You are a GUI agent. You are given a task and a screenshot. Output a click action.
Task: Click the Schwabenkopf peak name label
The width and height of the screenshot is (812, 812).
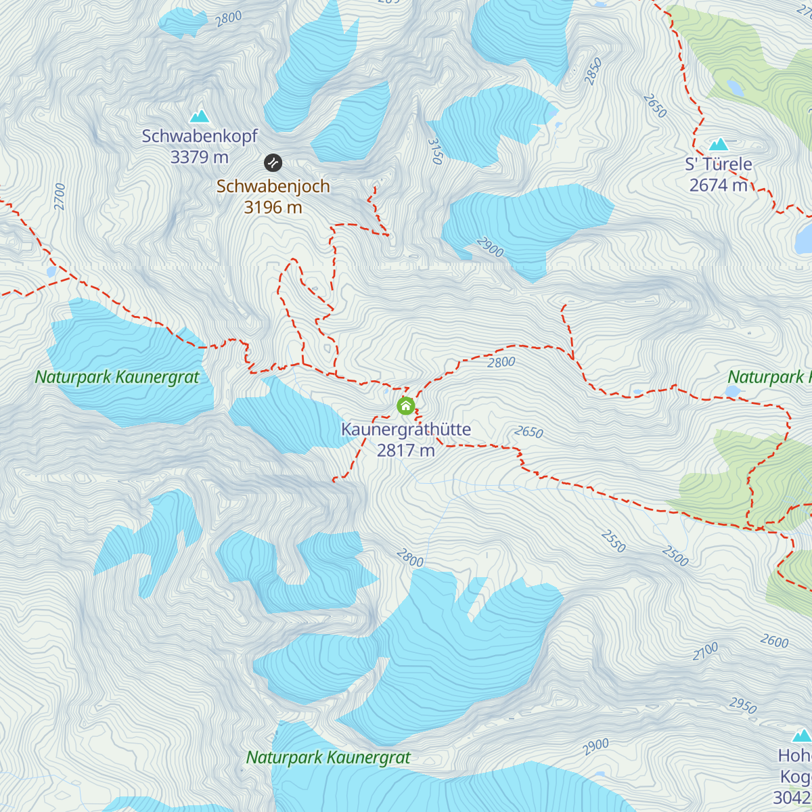click(x=200, y=136)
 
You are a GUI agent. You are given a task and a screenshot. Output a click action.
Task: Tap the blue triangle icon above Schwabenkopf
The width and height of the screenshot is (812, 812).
click(x=199, y=116)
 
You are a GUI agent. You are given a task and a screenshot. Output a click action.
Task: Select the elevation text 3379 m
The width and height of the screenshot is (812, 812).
click(x=200, y=157)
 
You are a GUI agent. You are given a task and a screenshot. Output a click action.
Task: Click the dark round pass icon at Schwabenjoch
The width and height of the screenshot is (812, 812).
click(x=273, y=162)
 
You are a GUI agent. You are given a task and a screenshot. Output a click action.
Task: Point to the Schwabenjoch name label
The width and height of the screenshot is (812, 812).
click(x=273, y=186)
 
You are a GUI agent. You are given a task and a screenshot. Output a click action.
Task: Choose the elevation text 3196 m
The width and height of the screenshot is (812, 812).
click(x=273, y=207)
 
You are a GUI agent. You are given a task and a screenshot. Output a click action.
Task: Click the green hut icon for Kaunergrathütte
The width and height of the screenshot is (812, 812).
click(x=405, y=406)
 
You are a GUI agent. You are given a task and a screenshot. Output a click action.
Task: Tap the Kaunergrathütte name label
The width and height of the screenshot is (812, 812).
click(x=406, y=429)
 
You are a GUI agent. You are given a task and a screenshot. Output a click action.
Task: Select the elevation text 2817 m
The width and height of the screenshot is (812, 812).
click(x=406, y=450)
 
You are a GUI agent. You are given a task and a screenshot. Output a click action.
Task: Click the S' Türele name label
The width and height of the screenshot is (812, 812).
click(x=719, y=164)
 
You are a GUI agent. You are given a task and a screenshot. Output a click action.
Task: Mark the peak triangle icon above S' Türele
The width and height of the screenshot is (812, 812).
click(x=718, y=144)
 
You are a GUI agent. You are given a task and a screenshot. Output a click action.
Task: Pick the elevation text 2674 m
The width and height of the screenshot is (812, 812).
click(x=719, y=185)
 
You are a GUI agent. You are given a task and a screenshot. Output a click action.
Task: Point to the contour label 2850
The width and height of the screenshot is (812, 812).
click(x=593, y=72)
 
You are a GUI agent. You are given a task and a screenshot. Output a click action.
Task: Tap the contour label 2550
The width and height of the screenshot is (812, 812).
click(x=613, y=541)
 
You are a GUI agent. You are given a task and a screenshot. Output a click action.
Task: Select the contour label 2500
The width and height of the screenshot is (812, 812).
click(x=675, y=556)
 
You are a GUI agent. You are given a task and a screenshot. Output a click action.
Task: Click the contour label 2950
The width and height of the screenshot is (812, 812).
click(x=742, y=705)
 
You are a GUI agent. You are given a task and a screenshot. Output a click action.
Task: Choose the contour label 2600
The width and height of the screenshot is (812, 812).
click(x=774, y=641)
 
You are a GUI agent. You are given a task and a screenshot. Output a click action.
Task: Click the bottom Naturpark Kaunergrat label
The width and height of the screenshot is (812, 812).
click(x=328, y=758)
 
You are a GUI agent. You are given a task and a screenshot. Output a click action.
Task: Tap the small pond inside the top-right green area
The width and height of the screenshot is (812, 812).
click(x=735, y=87)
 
